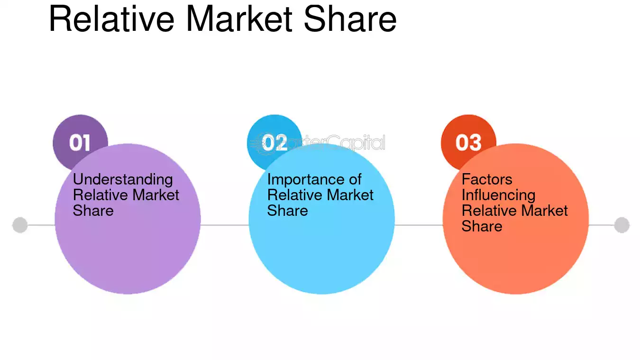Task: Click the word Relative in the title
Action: (112, 18)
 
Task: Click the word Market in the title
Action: (239, 18)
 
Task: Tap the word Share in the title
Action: (350, 18)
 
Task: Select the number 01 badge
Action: (80, 142)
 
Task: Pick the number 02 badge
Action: (274, 142)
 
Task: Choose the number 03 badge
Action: (468, 142)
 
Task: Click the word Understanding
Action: (123, 180)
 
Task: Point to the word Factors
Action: (487, 179)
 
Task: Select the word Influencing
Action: (499, 195)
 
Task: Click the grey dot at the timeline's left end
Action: (20, 225)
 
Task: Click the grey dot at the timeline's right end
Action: (622, 225)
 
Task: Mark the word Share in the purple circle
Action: (93, 211)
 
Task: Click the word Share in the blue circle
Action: (287, 211)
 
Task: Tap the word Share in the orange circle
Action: (482, 226)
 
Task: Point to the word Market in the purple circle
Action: (155, 195)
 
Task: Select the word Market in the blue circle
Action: (350, 195)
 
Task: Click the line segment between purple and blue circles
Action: (225, 225)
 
